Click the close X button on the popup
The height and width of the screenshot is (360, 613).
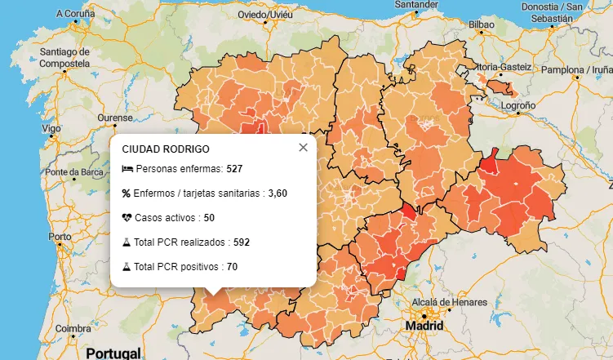(x=304, y=148)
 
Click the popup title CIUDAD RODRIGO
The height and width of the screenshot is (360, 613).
(x=166, y=149)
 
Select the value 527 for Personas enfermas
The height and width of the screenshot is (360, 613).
(x=235, y=169)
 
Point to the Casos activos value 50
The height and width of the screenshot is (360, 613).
(x=209, y=218)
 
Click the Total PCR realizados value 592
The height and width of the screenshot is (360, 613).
(x=241, y=242)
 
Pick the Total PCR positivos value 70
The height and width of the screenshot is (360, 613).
(x=232, y=267)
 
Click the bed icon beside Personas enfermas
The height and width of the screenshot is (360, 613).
(x=127, y=169)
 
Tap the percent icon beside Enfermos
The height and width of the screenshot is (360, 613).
(x=127, y=193)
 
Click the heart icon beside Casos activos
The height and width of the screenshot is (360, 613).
(x=127, y=218)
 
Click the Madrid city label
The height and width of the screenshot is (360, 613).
(x=426, y=326)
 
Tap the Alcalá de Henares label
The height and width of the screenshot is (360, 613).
(x=449, y=302)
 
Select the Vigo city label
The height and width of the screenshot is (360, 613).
(x=51, y=129)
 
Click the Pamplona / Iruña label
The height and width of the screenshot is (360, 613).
(x=573, y=71)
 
